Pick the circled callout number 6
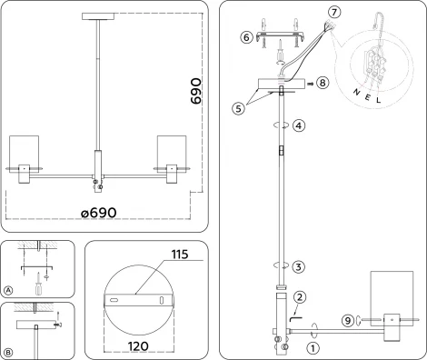click(245, 37)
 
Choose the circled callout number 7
click(333, 12)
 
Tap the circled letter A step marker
click(8, 289)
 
